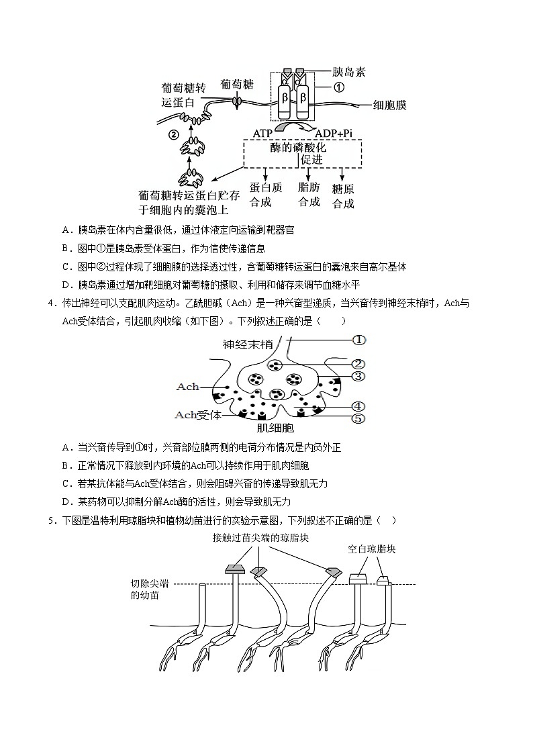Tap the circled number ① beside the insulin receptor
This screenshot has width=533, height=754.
pyautogui.click(x=340, y=87)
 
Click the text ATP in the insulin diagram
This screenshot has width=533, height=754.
pyautogui.click(x=262, y=134)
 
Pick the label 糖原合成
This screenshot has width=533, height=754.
pyautogui.click(x=343, y=197)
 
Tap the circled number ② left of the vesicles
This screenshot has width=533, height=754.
pyautogui.click(x=173, y=134)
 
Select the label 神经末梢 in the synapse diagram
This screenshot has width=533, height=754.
pyautogui.click(x=248, y=344)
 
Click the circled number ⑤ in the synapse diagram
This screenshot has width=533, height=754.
pyautogui.click(x=358, y=418)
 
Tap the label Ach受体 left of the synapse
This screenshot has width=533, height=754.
pyautogui.click(x=198, y=414)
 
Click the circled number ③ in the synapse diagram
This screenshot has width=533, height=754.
pyautogui.click(x=358, y=376)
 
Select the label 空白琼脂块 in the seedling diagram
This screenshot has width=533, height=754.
pyautogui.click(x=371, y=549)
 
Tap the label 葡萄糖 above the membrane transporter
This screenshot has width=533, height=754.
pyautogui.click(x=237, y=84)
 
